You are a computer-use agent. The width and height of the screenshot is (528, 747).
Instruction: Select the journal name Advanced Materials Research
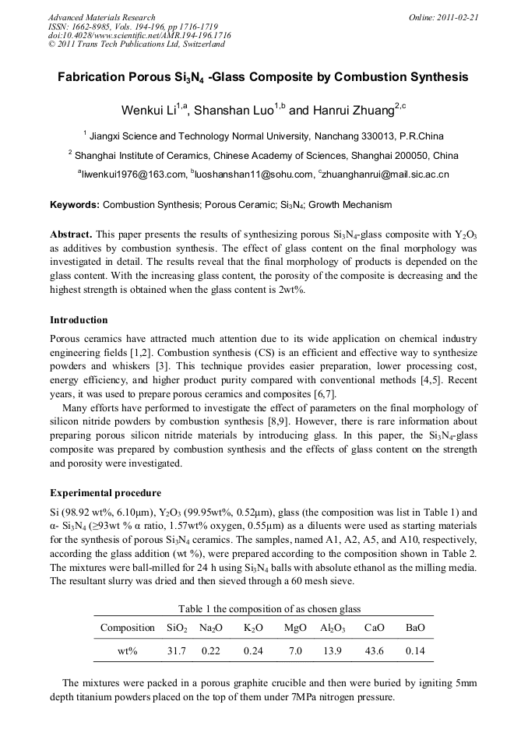102,17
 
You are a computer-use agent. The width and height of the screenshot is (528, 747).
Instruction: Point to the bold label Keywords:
75,205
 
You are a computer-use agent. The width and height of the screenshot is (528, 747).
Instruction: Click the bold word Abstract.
71,234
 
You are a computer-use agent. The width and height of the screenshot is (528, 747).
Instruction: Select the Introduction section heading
79,320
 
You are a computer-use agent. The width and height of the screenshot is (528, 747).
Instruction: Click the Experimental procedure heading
105,493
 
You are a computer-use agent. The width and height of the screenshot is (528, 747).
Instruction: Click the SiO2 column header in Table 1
177,628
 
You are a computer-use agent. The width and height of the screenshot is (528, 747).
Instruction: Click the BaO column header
416,628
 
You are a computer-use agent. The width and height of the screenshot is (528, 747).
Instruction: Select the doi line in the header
139,36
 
